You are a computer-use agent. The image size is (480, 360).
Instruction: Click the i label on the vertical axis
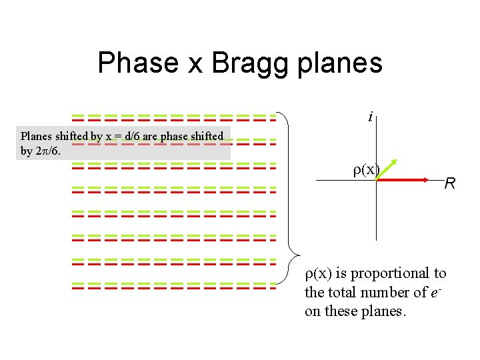click(370, 117)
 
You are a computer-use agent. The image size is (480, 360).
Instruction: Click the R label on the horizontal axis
click(450, 183)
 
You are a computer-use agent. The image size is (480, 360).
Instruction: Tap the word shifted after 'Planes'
click(73, 136)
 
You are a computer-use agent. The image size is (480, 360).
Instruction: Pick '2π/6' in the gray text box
click(49, 151)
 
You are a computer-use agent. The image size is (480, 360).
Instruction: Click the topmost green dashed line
click(173, 115)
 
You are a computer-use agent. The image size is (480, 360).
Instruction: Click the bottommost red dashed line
click(173, 289)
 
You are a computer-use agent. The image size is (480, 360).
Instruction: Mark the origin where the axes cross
click(377, 179)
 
